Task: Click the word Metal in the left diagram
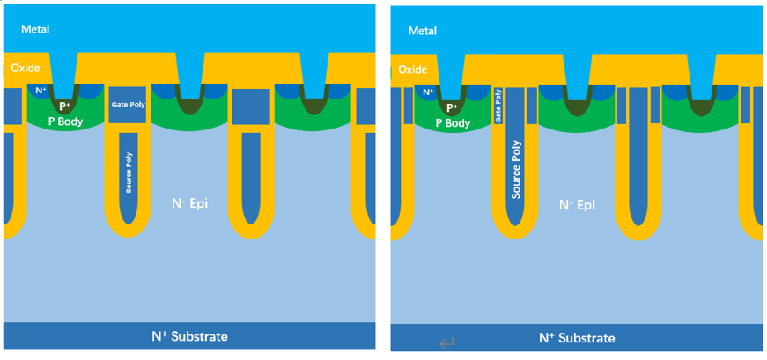35,29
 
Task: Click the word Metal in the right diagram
422,31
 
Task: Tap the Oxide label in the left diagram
26,69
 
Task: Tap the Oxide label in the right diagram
412,69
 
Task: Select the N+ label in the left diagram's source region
40,90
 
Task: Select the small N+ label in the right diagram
428,91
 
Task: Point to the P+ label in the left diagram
65,107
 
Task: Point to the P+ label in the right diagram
452,107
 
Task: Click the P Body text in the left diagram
65,121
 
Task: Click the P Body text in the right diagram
452,123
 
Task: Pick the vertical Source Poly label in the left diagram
129,177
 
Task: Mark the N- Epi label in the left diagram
189,203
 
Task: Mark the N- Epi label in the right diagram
577,204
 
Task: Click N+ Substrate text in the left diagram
189,336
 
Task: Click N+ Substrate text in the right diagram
577,338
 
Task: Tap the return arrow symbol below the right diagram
446,344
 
